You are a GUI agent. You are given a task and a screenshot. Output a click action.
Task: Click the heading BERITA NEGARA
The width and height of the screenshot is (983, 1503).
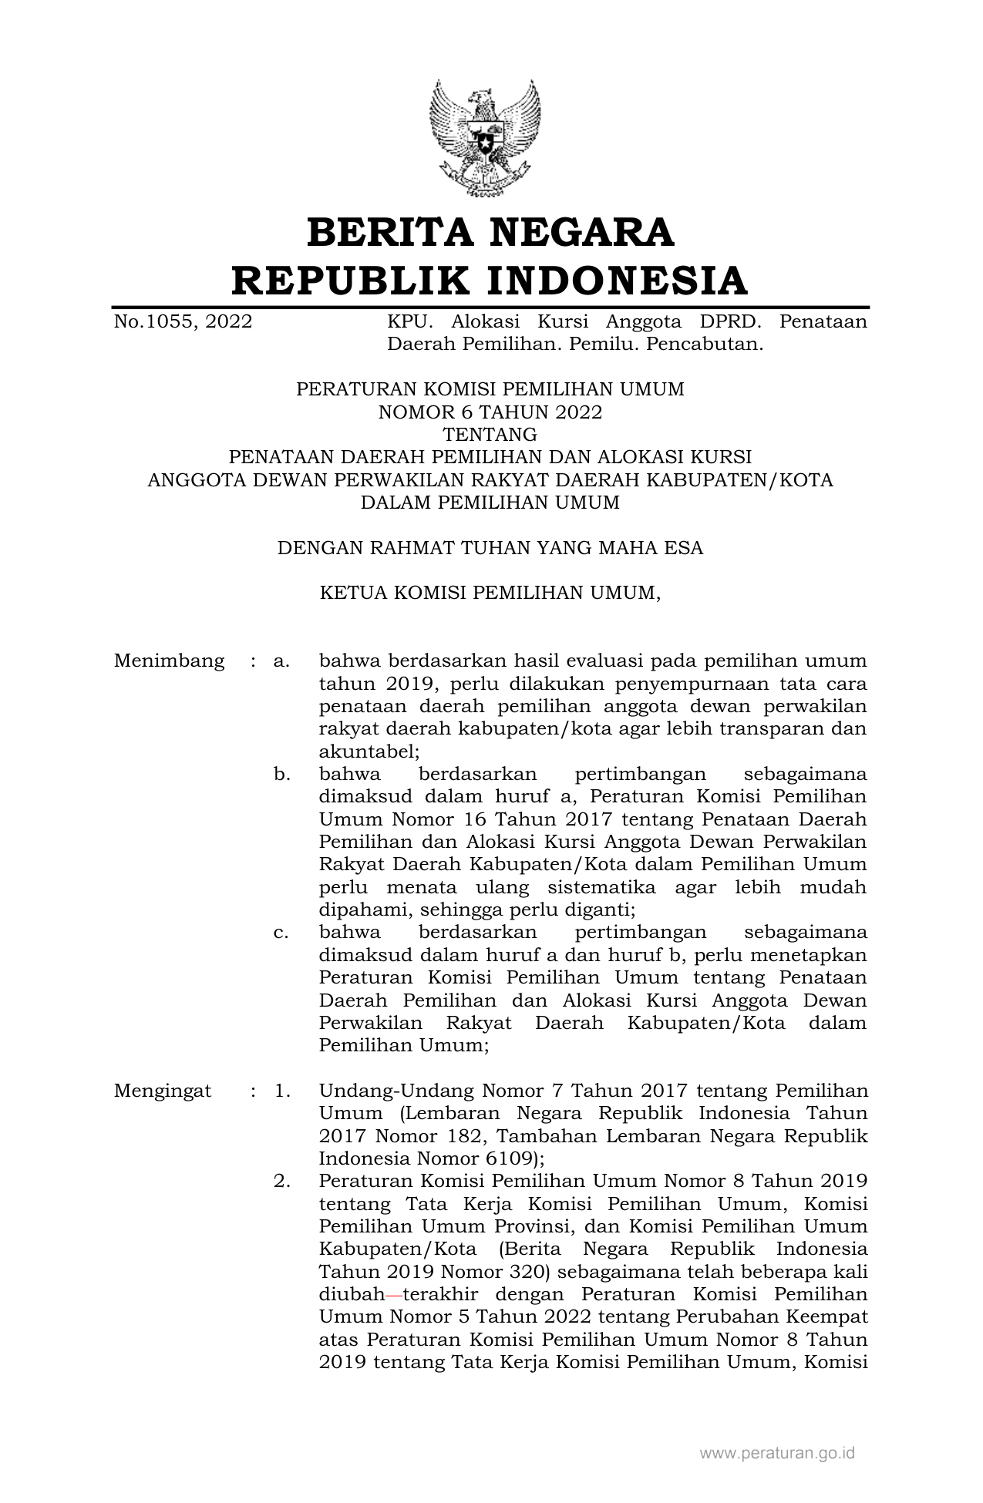point(490,233)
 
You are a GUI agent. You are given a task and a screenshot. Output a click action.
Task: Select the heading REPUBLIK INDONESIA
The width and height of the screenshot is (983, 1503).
point(490,280)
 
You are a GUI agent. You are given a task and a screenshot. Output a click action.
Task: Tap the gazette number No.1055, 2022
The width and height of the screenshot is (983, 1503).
point(183,321)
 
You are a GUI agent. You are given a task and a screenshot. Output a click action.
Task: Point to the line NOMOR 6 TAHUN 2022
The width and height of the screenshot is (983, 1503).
point(490,412)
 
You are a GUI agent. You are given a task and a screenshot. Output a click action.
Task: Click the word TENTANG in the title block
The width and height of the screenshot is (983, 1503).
point(490,435)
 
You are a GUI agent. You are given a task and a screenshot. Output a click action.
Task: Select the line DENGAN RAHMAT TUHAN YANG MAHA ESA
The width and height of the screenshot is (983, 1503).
point(490,548)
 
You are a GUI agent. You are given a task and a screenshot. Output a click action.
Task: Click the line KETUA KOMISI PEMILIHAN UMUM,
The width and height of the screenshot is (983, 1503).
point(490,593)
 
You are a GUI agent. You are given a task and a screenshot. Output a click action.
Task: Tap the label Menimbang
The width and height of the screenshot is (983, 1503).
point(169,661)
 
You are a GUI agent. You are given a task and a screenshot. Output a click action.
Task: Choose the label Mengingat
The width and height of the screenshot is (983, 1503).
point(163,1091)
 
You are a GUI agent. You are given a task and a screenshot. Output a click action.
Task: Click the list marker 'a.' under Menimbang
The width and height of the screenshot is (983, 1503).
point(281,661)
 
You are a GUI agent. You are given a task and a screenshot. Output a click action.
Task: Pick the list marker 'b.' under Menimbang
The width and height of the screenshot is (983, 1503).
point(281,774)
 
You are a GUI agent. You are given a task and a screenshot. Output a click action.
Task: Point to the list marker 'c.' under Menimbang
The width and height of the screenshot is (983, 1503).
point(281,933)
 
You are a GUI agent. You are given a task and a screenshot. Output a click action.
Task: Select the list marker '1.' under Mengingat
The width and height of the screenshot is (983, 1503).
point(281,1091)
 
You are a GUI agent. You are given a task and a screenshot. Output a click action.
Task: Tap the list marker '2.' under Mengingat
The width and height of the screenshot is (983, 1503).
point(281,1181)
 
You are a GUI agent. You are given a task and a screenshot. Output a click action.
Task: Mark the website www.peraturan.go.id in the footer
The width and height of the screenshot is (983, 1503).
point(777,1454)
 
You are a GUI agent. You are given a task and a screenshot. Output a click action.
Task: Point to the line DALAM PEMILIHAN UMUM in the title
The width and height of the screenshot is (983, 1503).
point(490,503)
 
